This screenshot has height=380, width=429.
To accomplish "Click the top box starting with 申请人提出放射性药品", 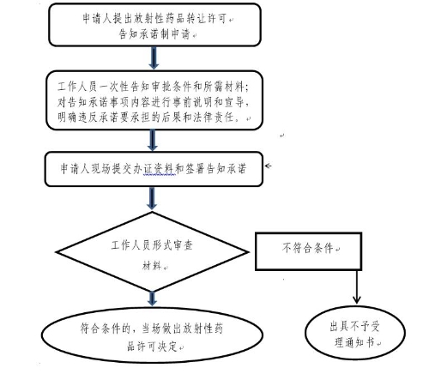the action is click(154, 25).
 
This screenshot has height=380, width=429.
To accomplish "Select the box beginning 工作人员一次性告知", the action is click(154, 100).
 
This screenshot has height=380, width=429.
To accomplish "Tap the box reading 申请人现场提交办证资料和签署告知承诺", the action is click(154, 169).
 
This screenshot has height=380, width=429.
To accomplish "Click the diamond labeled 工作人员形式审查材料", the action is click(152, 252).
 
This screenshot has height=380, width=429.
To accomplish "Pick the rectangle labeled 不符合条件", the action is click(309, 251).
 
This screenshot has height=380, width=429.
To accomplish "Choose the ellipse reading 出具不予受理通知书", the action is click(355, 333).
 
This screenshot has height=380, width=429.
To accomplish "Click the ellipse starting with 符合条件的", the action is click(152, 335).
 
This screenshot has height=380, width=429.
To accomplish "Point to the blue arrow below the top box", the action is click(154, 58).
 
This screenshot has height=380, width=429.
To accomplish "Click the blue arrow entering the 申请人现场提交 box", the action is click(153, 141).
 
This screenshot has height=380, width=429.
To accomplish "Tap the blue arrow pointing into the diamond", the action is click(152, 198).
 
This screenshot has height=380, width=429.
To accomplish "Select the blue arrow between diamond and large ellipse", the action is click(152, 299).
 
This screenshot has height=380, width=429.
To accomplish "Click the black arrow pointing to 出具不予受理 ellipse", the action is click(356, 287).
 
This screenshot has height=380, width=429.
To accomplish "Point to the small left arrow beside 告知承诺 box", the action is click(268, 166).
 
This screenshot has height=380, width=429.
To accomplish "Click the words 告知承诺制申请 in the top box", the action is click(154, 34).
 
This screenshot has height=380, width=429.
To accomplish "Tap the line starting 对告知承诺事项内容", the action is click(153, 102).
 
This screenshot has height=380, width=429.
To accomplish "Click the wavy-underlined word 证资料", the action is click(160, 169).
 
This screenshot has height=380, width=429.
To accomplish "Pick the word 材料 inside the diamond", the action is click(152, 265).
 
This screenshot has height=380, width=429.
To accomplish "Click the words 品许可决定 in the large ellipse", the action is click(152, 347).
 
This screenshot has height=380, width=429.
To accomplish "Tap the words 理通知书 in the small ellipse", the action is click(354, 342).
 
